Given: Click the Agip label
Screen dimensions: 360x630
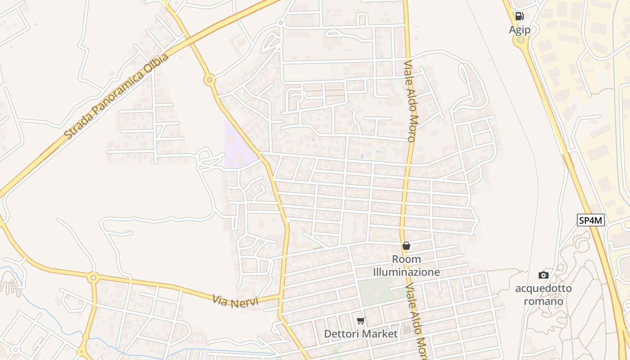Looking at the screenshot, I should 520,30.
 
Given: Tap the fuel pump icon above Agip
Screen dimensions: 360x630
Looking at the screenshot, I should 520,17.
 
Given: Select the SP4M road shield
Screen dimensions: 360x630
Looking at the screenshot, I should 591,220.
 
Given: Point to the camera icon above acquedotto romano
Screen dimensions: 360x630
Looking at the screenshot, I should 544,275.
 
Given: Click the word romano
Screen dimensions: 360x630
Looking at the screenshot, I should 544,301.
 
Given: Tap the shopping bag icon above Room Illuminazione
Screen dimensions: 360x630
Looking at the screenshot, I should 406,246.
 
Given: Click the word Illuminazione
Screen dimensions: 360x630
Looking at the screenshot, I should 406,272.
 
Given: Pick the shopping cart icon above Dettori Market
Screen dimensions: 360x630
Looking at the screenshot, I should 360,321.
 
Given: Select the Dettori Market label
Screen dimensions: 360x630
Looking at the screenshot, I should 361,334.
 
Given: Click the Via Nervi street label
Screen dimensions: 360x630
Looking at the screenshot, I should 236,301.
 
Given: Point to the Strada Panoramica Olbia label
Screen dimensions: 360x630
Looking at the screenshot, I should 116,96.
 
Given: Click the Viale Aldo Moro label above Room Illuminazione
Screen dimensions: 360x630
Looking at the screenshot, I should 411,101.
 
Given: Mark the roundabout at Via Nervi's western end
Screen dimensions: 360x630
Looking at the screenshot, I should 94,277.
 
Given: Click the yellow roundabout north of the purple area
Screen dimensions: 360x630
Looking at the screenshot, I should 209,80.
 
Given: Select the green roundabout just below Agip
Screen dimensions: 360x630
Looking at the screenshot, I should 521,40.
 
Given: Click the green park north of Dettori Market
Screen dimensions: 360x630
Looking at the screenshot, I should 376,291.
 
